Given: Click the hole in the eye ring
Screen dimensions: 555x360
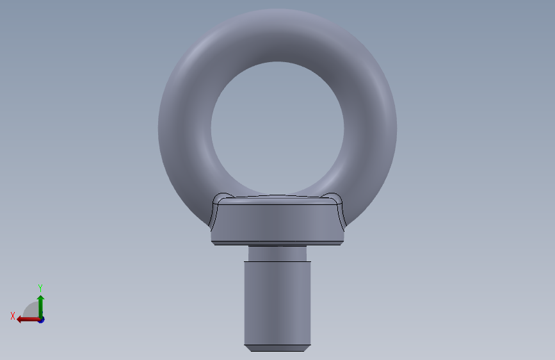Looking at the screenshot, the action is (x=278, y=128).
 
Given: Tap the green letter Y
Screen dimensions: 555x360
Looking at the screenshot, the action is (x=40, y=288).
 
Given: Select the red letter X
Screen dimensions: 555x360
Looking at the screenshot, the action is (x=13, y=316).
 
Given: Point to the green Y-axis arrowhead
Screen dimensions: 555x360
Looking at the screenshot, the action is (x=41, y=299).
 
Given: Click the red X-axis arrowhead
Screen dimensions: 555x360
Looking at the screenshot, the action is (x=20, y=320).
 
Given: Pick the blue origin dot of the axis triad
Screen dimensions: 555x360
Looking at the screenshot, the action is (x=41, y=320).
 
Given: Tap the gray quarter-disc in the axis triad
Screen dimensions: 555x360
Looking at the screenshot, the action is (x=32, y=310).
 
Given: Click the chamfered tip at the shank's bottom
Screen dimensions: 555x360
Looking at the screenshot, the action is (x=278, y=348).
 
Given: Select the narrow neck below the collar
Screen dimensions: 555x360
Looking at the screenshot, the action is (x=278, y=254).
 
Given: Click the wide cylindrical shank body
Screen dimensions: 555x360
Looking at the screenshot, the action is (x=278, y=303).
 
